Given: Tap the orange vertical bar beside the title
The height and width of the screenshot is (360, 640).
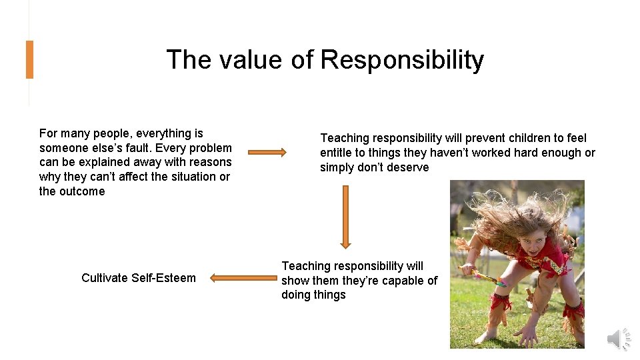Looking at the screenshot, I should (29, 59).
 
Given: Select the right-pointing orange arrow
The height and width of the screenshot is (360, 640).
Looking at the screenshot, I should (267, 153).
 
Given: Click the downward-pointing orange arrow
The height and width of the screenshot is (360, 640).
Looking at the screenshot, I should (345, 217).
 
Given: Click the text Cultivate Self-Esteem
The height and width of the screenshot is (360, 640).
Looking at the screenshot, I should (139, 278).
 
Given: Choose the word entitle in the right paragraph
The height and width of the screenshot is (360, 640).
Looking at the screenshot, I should (338, 153).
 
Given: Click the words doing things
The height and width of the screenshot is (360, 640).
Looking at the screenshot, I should (313, 295).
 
